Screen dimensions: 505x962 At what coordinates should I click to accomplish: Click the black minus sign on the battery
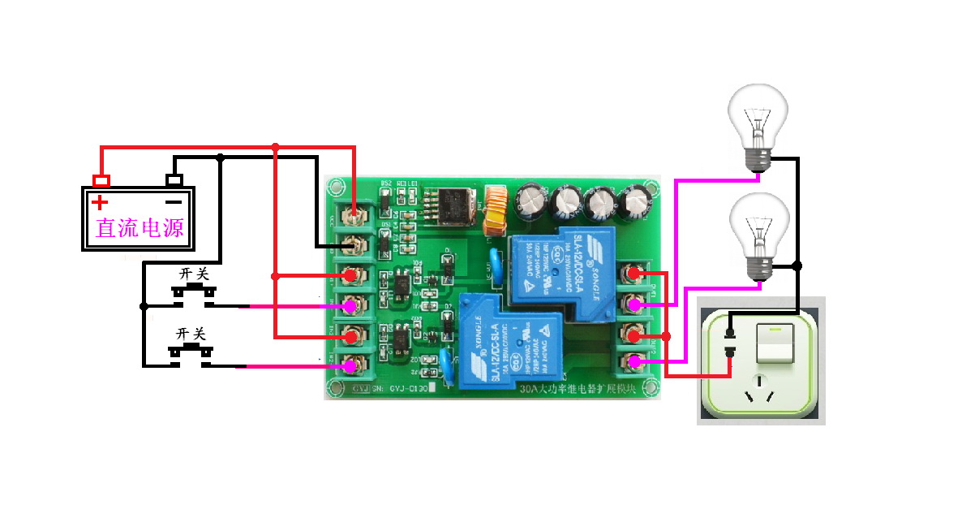[x=173, y=201]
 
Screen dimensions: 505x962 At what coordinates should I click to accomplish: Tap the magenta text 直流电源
[x=140, y=227]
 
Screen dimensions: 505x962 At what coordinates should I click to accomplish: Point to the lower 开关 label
[x=191, y=334]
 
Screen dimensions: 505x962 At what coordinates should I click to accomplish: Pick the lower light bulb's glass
[x=758, y=228]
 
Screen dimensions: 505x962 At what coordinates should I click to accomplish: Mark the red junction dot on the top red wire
[x=276, y=147]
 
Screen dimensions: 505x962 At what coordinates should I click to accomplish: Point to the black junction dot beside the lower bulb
[x=797, y=265]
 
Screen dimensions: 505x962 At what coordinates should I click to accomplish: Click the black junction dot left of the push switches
[x=144, y=306]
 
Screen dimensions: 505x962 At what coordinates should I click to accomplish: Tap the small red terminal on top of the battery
[x=101, y=180]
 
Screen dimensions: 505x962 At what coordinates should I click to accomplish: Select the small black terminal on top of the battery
[x=174, y=179]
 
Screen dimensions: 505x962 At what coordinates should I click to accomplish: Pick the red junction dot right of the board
[x=667, y=336]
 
